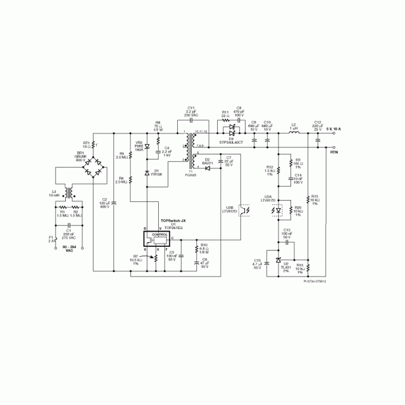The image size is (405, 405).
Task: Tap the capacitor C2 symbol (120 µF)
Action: coord(114,202)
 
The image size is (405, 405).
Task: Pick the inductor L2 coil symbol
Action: coord(293,134)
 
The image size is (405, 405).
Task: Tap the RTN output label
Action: coord(335,152)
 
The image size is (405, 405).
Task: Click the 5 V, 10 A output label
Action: coord(333,129)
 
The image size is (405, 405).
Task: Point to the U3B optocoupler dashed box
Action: coord(243,211)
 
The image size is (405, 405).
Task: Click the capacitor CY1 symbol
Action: coord(191,119)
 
